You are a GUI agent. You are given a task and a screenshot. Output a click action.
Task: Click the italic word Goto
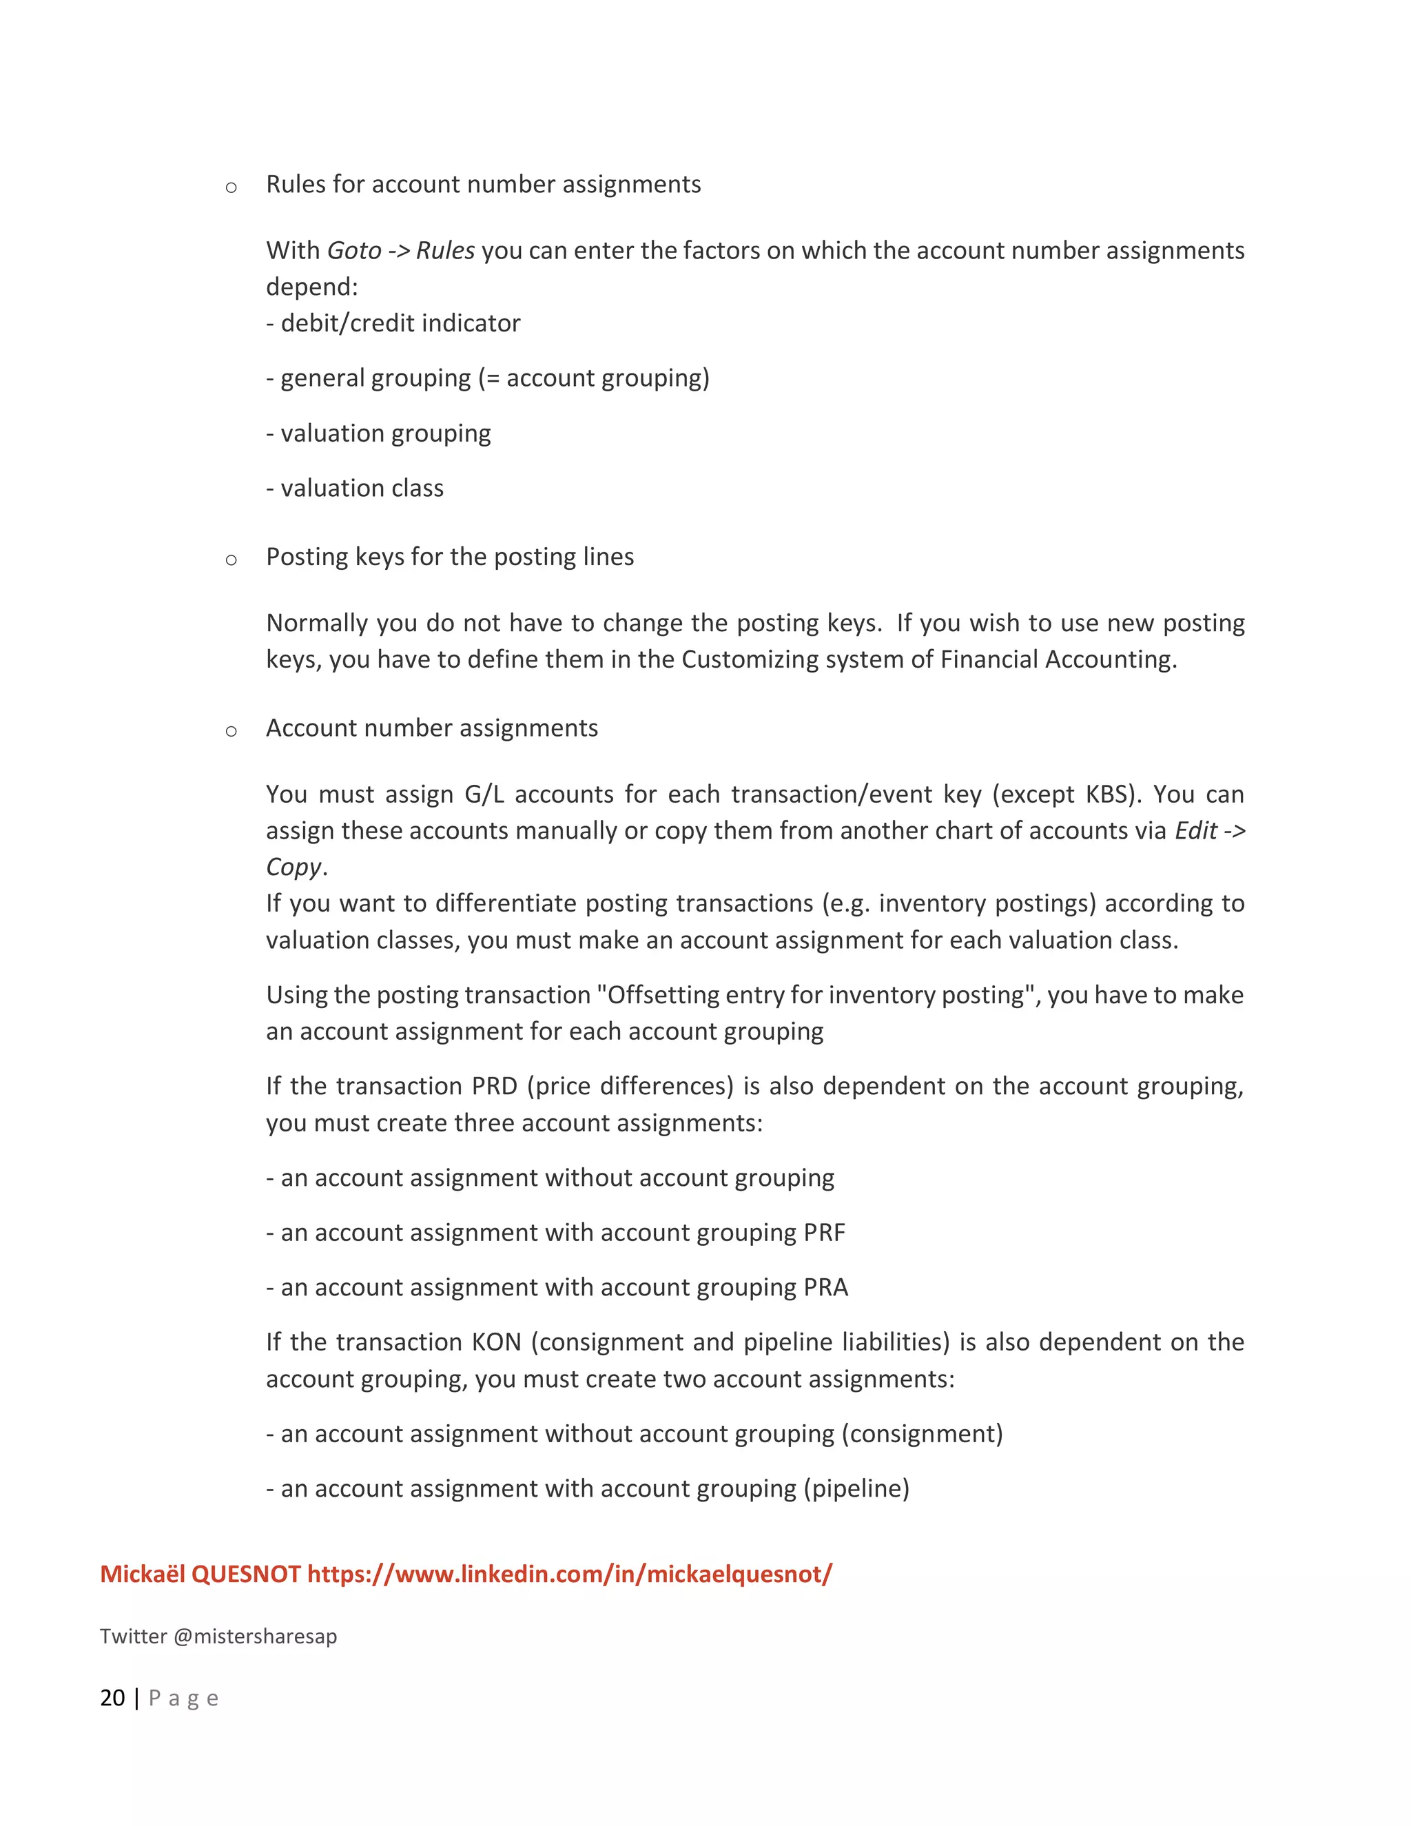(x=353, y=250)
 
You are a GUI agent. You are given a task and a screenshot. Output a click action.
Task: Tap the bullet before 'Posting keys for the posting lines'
(x=231, y=560)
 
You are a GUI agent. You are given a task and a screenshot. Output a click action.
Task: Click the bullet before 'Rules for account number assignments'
(x=231, y=187)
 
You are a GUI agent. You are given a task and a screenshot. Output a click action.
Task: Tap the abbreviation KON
(x=497, y=1341)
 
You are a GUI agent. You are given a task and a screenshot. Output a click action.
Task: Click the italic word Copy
(x=293, y=866)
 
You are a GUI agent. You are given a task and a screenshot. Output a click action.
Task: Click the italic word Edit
(x=1195, y=830)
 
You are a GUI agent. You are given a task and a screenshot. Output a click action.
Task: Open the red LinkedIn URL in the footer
(x=569, y=1574)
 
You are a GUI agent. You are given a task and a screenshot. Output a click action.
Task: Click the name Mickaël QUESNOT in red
(x=200, y=1574)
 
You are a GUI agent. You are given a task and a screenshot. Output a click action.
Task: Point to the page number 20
(x=112, y=1697)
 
